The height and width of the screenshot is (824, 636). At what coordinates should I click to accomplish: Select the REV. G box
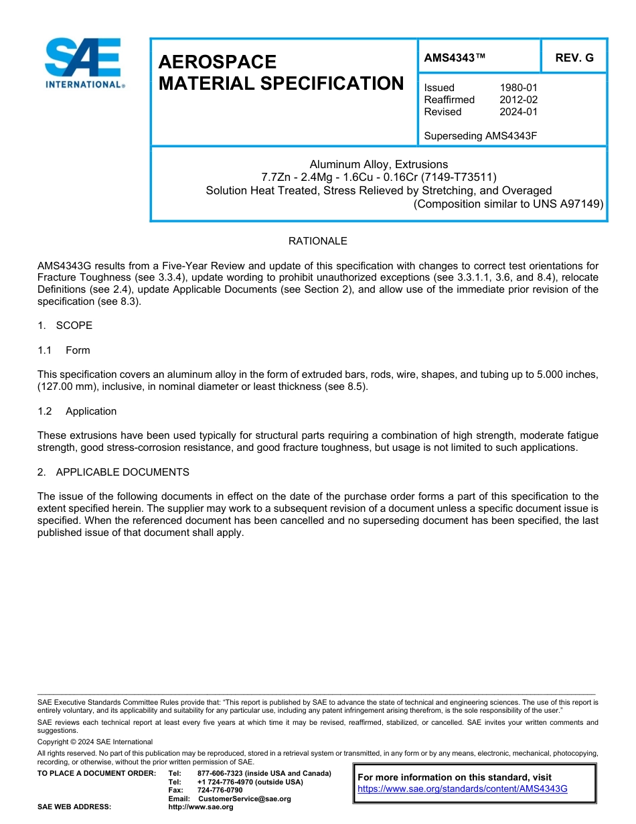coord(574,58)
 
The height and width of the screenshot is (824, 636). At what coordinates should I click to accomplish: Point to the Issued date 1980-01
coord(518,88)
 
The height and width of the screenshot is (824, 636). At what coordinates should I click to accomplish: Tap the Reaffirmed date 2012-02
coord(518,100)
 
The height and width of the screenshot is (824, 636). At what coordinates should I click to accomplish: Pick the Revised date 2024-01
coord(518,112)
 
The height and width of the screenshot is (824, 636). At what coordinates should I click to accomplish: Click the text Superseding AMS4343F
coord(481,136)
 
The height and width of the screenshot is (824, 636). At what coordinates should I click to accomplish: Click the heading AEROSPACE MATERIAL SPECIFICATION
coord(281,72)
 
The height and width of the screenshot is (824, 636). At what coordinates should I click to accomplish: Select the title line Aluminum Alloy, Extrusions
coord(378,164)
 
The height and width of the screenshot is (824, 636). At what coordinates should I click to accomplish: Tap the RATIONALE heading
coord(317,241)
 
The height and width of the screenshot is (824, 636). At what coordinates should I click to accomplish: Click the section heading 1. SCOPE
coord(65,326)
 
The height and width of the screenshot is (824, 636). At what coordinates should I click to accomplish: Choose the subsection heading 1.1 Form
coord(64,350)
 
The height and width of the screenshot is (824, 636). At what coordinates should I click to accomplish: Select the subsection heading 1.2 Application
coord(77,411)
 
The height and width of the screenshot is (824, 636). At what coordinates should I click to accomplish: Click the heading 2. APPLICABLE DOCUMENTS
coord(113,472)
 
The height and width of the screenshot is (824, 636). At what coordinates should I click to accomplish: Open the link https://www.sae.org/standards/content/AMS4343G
coord(462,789)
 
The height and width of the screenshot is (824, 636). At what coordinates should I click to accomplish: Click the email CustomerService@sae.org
coord(244,799)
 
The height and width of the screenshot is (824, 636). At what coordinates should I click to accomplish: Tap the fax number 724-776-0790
coord(220,791)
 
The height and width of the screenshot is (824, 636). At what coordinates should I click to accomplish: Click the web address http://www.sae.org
coord(200,807)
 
